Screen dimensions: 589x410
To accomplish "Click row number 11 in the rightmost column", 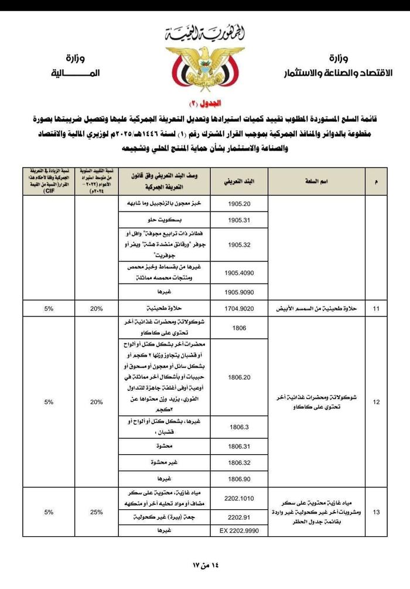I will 376,308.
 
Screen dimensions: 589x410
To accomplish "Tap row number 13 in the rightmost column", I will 376,512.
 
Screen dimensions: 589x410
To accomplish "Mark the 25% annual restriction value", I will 97,512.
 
